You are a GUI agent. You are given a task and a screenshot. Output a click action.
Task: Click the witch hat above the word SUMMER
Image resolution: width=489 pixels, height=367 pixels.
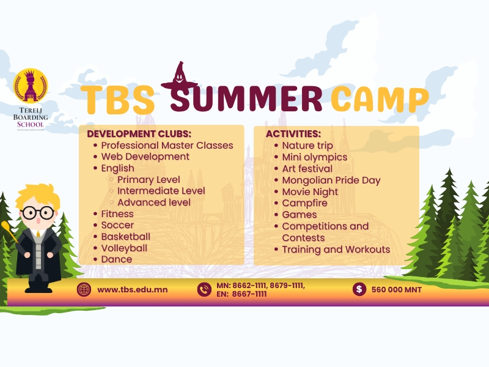pos(179,76)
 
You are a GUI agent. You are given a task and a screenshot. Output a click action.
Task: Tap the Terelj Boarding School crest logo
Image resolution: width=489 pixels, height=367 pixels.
pos(31,85)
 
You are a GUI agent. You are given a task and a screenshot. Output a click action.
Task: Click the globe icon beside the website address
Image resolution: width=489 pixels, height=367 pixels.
pos(84,289)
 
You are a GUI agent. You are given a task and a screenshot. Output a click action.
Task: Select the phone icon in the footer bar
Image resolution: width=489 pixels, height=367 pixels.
pos(204,289)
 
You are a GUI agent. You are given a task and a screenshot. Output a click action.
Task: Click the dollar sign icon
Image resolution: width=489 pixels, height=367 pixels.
pos(359,289)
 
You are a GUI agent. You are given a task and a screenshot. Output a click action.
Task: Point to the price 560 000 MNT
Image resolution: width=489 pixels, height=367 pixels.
pos(396,289)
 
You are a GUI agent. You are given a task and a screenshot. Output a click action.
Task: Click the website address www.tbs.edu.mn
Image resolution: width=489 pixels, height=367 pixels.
pos(133,289)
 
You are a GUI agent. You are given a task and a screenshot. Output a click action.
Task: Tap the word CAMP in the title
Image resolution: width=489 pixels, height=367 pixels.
pos(380,99)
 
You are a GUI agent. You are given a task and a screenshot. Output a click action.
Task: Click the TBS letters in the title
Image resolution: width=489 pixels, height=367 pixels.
pos(117,100)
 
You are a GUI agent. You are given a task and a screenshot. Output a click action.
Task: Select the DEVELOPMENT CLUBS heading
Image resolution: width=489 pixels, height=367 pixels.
pos(139,134)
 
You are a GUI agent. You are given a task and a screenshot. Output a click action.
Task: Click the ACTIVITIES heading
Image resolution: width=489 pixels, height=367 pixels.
pos(293,134)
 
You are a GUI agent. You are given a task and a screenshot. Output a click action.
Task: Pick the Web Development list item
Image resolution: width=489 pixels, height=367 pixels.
pos(145,157)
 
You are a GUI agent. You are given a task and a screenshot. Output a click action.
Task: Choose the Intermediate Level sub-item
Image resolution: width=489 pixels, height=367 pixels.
pos(161,191)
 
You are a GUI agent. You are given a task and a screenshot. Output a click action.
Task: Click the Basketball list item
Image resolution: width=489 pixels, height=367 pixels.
pos(126,237)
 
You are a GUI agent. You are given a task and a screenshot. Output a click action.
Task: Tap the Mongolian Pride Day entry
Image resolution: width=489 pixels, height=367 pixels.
pos(331,180)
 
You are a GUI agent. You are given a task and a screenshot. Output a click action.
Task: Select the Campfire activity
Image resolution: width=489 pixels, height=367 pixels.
pos(304,203)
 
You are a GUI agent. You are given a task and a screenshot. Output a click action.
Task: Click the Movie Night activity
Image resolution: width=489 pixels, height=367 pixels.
pos(310,191)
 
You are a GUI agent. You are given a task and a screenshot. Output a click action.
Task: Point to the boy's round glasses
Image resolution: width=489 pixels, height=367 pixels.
pos(38,213)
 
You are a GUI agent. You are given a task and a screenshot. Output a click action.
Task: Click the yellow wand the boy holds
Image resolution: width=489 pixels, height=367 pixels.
pos(9,231)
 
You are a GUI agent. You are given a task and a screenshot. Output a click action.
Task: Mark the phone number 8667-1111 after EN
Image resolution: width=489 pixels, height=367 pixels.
pos(249,294)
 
